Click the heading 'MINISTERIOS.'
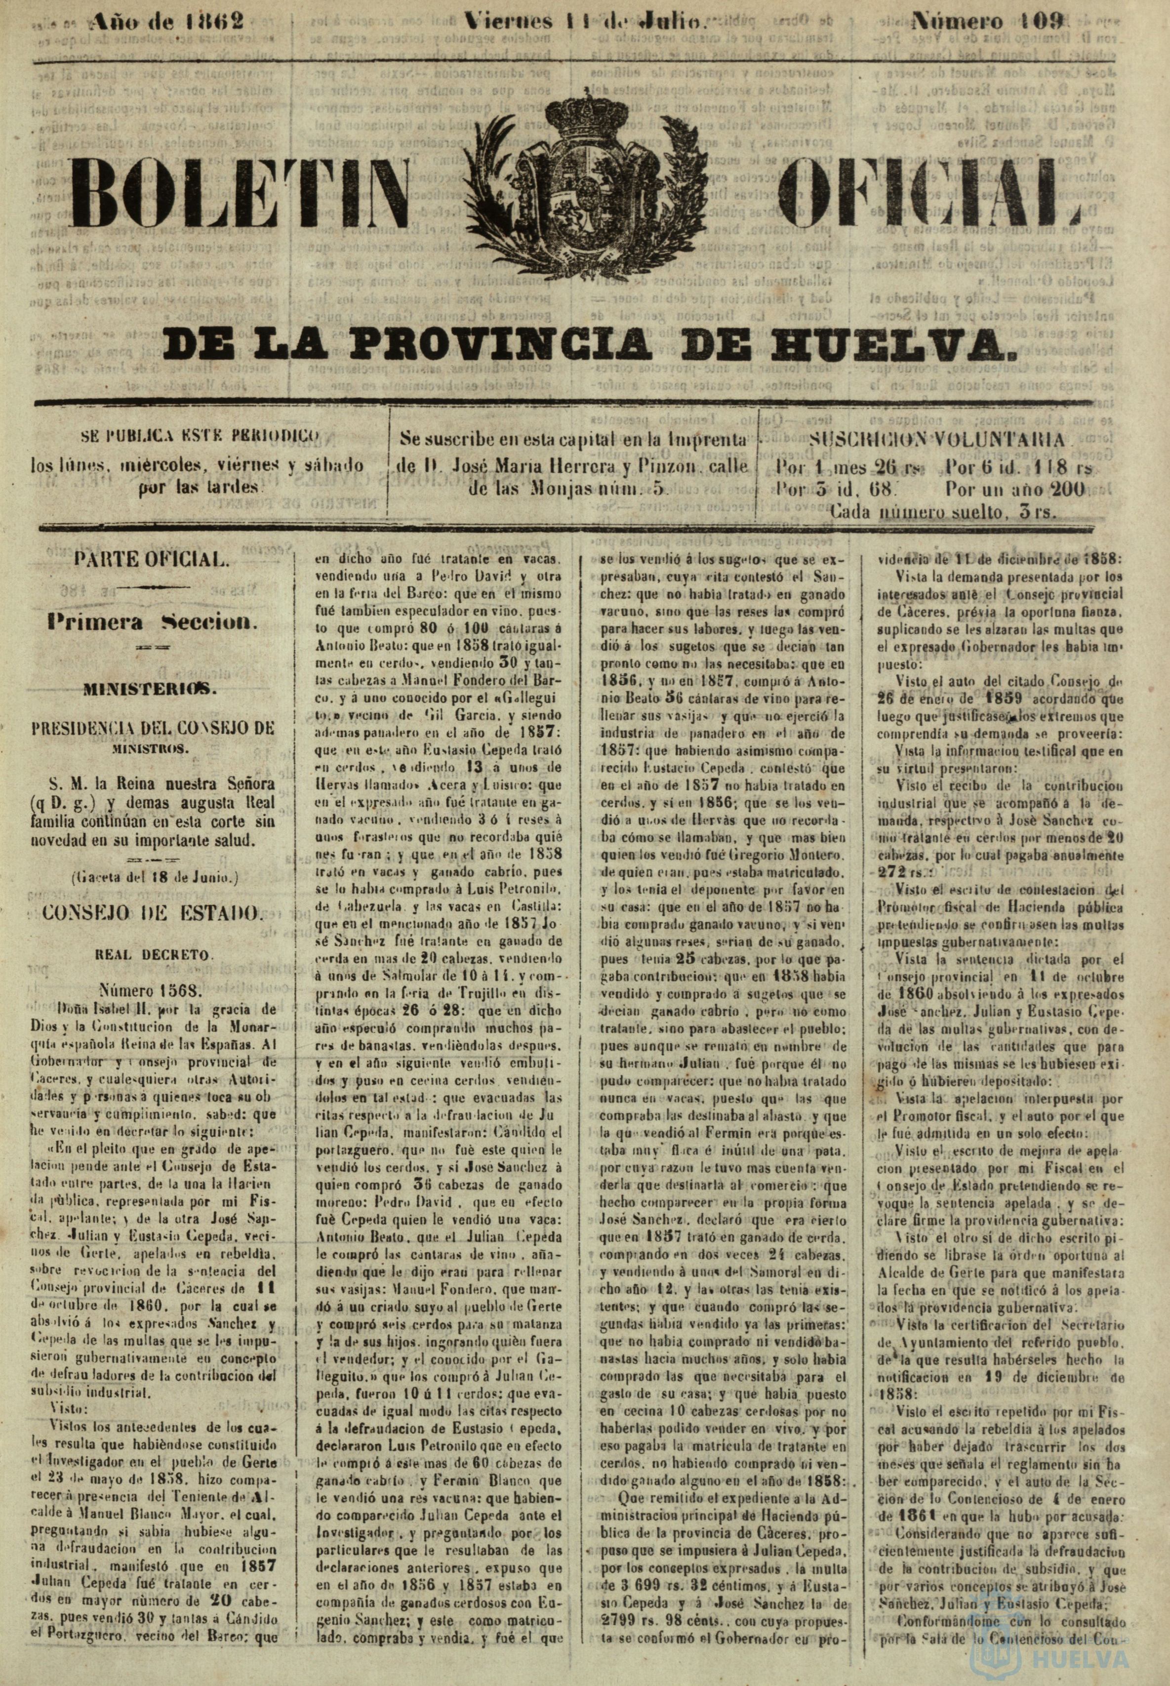point(152,689)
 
